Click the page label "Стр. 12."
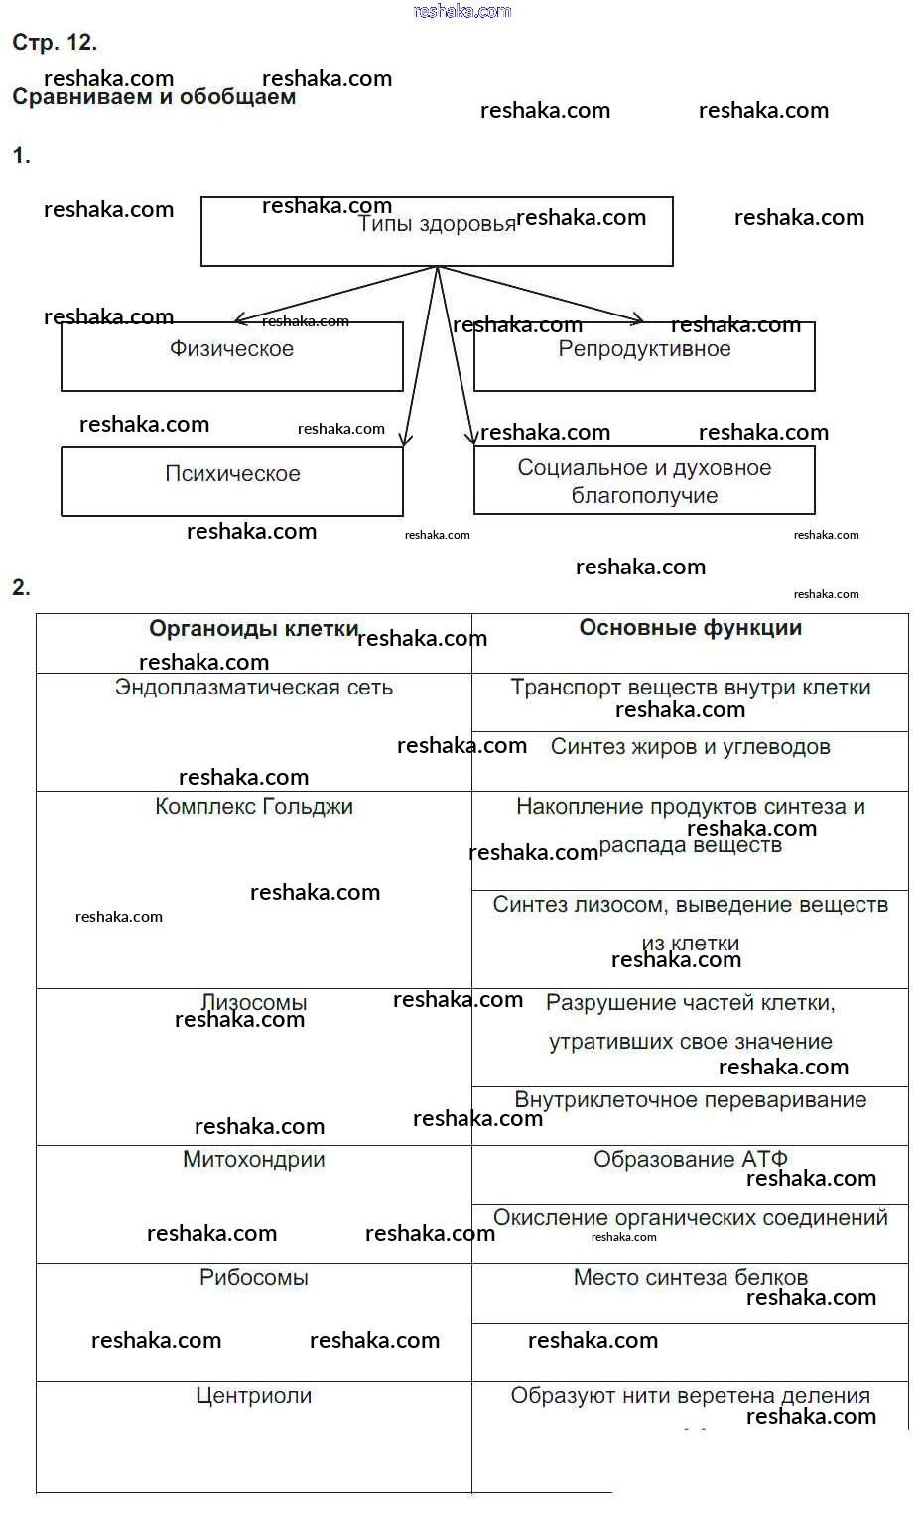[55, 42]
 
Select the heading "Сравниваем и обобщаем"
[154, 97]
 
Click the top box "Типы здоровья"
[437, 232]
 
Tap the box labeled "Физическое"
[231, 355]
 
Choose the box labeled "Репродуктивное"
[644, 355]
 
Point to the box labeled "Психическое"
[232, 480]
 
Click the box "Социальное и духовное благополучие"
[644, 480]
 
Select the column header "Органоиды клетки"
[253, 628]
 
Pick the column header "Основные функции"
[690, 627]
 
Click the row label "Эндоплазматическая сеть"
[254, 687]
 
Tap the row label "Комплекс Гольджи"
[254, 806]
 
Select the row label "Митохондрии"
[254, 1159]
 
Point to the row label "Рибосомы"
[254, 1277]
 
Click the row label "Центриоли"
[254, 1395]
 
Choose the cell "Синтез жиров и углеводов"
[690, 747]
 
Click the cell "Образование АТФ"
[690, 1159]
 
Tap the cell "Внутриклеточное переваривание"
[690, 1099]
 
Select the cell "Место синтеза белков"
[690, 1277]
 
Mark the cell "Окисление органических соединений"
[690, 1217]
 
